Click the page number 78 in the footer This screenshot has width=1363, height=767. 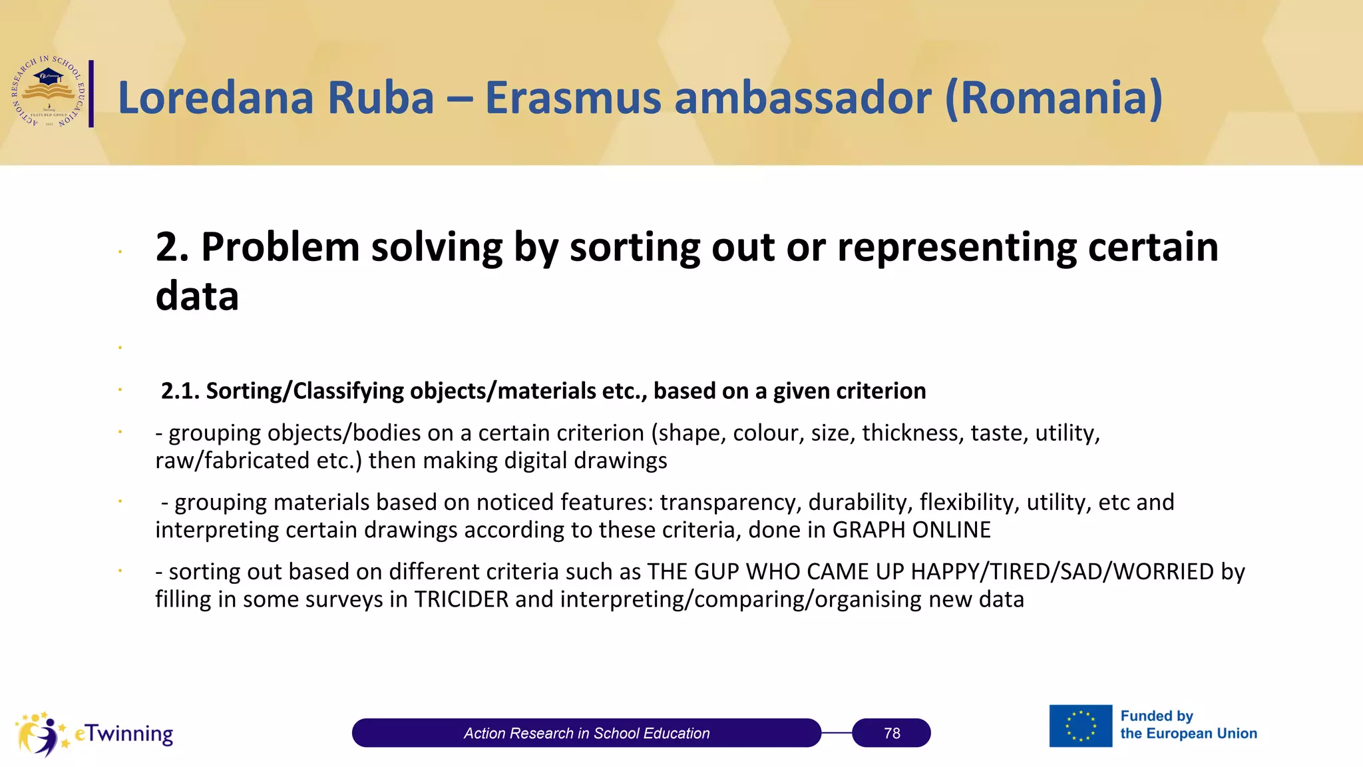(892, 733)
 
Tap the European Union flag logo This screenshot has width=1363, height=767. (1081, 726)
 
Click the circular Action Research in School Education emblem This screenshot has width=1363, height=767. (49, 92)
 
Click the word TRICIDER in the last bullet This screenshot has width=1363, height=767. (461, 599)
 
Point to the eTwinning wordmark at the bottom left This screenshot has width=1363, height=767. (124, 734)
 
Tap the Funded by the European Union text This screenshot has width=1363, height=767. (1189, 725)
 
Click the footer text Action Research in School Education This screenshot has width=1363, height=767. (586, 733)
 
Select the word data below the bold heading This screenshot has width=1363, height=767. (197, 296)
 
